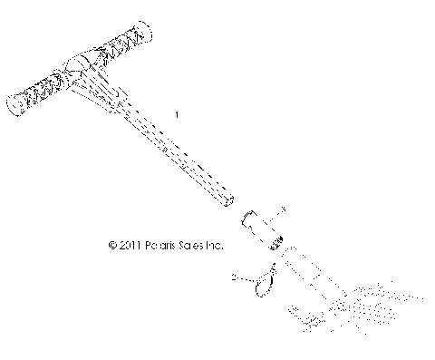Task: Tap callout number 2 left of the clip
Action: pyautogui.click(x=235, y=276)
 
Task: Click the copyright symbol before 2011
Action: pyautogui.click(x=111, y=245)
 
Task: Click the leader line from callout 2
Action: pyautogui.click(x=242, y=277)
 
